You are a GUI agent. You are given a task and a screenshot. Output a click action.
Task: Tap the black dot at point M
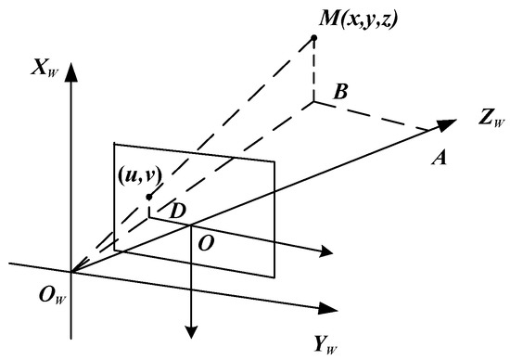[315, 38]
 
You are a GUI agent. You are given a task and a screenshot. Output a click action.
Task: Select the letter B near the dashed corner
[339, 92]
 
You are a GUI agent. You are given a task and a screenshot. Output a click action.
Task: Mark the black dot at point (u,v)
[148, 197]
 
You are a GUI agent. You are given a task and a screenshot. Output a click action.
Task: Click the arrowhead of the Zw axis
[450, 122]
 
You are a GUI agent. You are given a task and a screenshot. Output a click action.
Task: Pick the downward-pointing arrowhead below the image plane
[190, 329]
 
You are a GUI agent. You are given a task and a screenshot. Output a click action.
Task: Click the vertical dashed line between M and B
[315, 72]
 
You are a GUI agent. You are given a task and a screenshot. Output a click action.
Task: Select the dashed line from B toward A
[376, 115]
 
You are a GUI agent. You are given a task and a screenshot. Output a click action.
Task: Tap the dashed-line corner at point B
[315, 101]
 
